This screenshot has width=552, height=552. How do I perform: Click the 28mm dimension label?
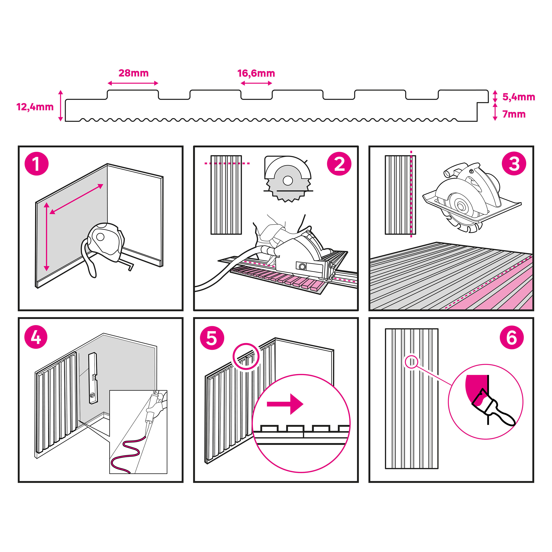(133, 73)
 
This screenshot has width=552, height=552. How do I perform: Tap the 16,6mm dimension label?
(256, 73)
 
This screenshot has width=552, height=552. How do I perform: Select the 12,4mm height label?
(35, 107)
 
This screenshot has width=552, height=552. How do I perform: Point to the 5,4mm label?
(519, 97)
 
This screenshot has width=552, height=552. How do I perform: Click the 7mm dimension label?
(514, 114)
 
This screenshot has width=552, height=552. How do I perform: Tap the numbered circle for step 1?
(37, 164)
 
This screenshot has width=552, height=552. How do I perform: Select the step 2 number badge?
(339, 164)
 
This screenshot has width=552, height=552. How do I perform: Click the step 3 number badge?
(514, 164)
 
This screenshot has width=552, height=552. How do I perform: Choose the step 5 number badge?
(212, 338)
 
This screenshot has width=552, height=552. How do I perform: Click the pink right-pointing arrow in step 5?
(285, 404)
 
